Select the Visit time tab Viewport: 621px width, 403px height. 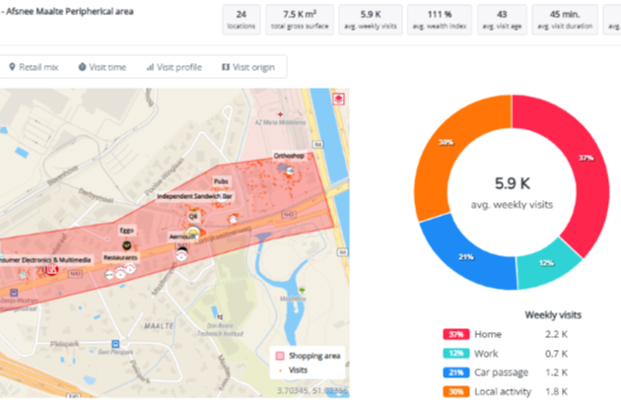[103, 67]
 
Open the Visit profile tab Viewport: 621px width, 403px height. [174, 67]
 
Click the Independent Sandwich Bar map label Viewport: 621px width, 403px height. [200, 196]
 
